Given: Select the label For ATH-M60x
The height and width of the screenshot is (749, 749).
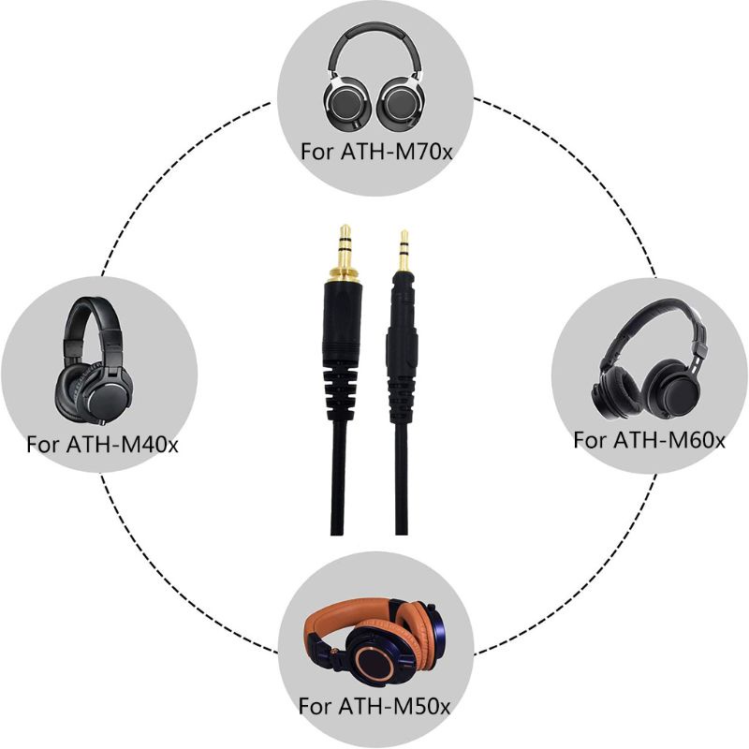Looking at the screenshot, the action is point(649,438).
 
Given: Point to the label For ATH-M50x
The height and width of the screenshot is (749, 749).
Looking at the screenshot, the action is point(374,704).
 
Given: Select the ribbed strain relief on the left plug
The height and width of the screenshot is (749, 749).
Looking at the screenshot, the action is point(345,379).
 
